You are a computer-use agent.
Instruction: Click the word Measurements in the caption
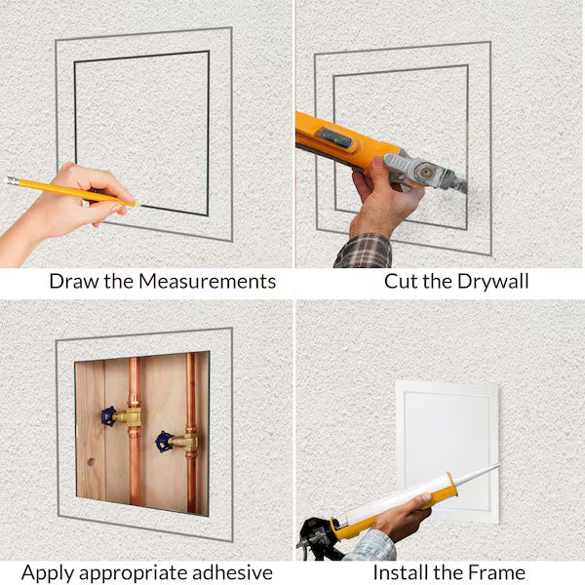pos(207,282)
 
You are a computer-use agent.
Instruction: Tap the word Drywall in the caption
pos(492,282)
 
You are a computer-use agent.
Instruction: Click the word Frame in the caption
pos(496,572)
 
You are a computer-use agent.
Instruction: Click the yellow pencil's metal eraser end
pos(13,181)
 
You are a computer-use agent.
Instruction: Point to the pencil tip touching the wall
pos(138,205)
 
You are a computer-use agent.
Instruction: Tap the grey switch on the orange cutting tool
pos(334,137)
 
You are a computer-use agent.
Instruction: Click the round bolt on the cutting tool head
pos(425,172)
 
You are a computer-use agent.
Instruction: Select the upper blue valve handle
pos(108,416)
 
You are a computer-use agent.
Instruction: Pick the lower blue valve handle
pos(164,442)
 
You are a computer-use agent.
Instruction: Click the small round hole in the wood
pos(91,462)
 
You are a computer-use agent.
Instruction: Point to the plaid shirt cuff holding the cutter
pos(363,252)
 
